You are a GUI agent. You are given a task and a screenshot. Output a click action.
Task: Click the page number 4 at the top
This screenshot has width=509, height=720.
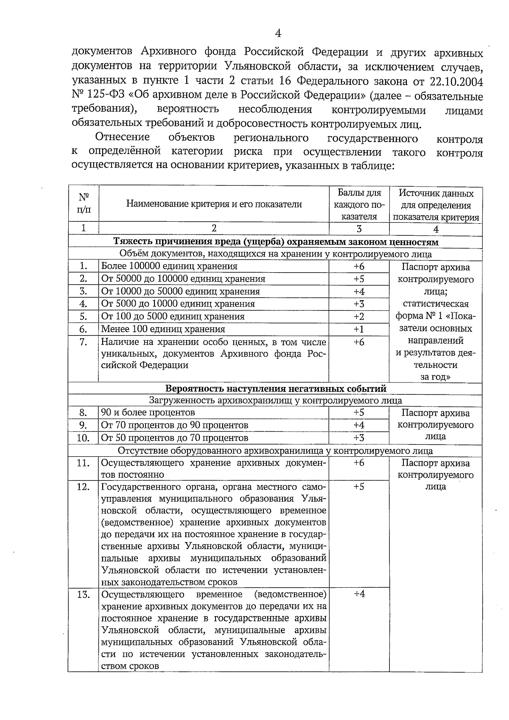[x=278, y=33]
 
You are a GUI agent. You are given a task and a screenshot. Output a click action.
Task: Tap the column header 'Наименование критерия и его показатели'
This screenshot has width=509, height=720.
[x=214, y=204]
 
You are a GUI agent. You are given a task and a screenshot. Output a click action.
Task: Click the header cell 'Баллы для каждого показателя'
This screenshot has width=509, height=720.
[x=359, y=205]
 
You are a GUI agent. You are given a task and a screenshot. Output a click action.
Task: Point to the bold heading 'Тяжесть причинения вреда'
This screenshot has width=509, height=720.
[x=275, y=242]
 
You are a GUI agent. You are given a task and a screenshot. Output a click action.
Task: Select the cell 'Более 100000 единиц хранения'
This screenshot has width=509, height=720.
[x=169, y=266]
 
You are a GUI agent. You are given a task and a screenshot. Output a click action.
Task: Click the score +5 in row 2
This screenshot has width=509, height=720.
[x=359, y=279]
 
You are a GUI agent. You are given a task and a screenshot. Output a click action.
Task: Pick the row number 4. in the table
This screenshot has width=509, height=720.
[x=83, y=304]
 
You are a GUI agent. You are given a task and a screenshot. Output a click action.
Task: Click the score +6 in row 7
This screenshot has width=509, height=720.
[x=359, y=342]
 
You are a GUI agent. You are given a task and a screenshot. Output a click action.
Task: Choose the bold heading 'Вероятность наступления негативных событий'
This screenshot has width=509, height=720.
[x=275, y=388]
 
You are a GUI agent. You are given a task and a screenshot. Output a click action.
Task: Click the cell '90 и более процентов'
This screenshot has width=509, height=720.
[x=148, y=413]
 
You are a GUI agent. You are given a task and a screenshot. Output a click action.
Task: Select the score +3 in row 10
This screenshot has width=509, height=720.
[x=359, y=438]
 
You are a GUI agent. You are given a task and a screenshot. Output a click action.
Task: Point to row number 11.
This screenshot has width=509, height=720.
[x=83, y=463]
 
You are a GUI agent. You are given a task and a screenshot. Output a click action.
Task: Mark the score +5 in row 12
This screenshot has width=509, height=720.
[x=359, y=487]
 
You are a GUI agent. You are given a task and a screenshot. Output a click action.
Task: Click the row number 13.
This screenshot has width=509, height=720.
[x=83, y=594]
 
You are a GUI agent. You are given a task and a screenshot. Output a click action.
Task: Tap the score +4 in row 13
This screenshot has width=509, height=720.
[x=359, y=594]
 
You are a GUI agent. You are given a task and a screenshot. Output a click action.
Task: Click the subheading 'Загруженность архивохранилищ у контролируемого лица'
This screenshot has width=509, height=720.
[x=275, y=400]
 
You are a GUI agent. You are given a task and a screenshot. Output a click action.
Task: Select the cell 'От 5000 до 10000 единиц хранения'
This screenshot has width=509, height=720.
[x=178, y=304]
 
